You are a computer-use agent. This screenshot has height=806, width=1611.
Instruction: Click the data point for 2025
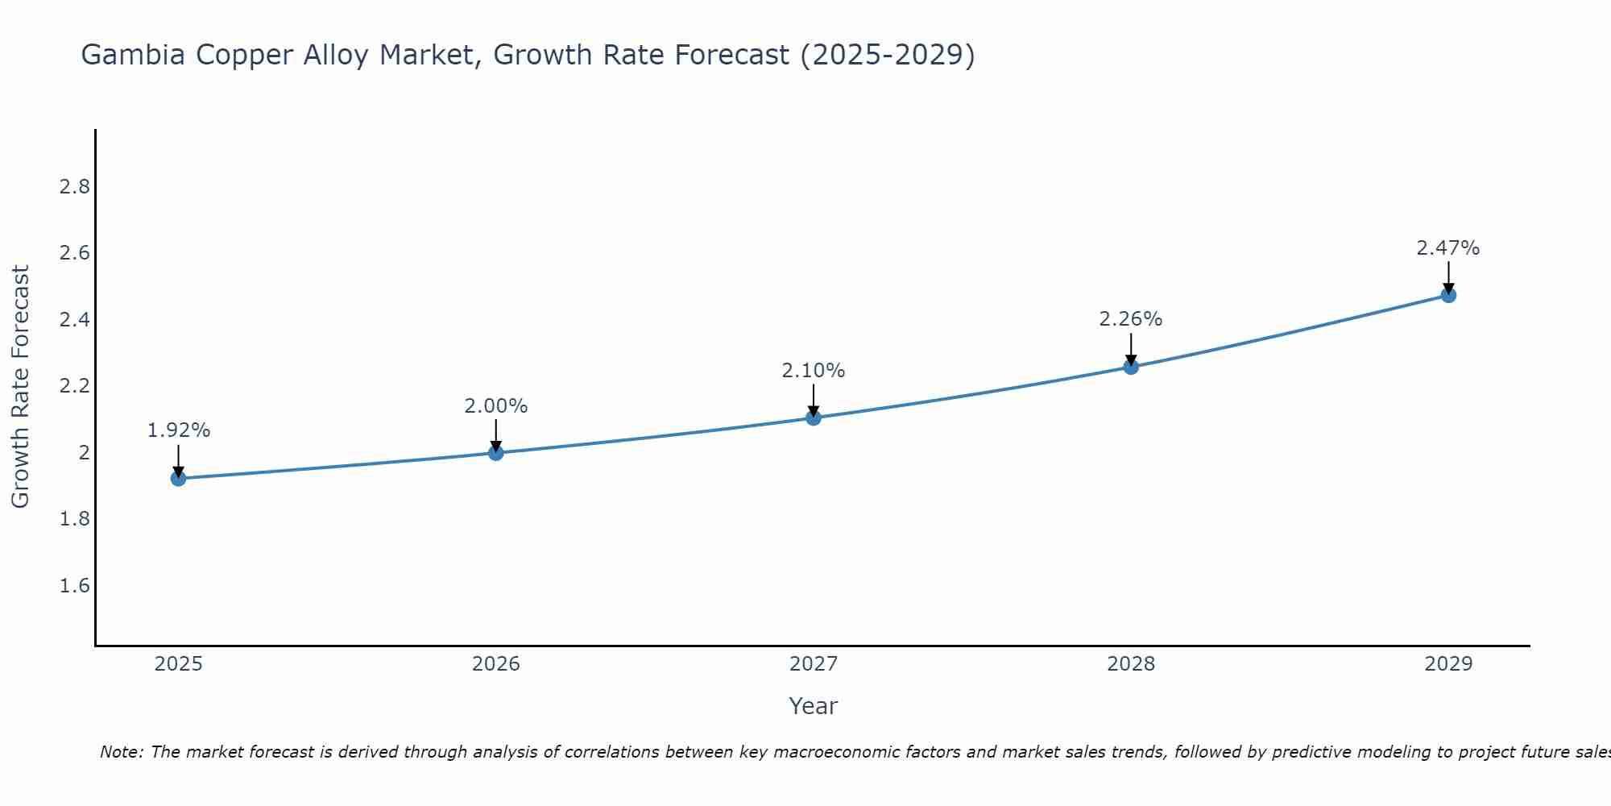point(178,479)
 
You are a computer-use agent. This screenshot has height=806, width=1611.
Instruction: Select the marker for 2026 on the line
point(495,453)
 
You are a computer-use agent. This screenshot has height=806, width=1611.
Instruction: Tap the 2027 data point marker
point(813,418)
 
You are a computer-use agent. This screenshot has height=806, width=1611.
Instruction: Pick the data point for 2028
point(1131,367)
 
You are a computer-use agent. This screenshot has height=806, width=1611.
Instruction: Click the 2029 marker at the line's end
point(1448,295)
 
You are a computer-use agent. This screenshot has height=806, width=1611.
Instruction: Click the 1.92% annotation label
point(178,430)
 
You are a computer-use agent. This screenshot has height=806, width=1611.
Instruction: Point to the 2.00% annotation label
point(495,406)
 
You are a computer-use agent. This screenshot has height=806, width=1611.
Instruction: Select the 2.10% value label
point(813,371)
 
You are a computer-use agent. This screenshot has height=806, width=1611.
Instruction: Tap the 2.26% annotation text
point(1131,319)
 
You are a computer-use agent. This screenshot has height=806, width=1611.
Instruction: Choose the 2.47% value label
point(1448,248)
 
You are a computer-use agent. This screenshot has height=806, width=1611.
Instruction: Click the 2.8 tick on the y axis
point(74,187)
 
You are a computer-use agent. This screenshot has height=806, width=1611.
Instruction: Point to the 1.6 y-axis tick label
point(74,585)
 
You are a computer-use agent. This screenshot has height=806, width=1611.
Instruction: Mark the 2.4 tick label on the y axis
point(74,320)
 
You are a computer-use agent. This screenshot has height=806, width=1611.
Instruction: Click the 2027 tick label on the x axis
point(813,664)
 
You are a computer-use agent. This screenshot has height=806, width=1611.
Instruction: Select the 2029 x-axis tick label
point(1448,664)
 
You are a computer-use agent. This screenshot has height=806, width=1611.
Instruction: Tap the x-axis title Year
point(813,706)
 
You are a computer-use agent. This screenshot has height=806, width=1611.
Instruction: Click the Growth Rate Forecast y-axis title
point(21,387)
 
